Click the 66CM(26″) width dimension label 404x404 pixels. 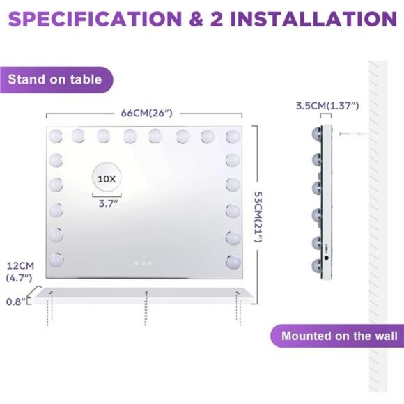pos(146,113)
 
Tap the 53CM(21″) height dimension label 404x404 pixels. pos(258,217)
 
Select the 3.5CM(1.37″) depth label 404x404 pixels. pos(327,106)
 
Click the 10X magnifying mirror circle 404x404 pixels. pos(107,178)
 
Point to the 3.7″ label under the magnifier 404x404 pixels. pos(108,203)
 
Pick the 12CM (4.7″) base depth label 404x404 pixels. pos(20,272)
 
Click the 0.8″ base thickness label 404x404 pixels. pos(16,302)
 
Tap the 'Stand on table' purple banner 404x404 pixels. pos(56,80)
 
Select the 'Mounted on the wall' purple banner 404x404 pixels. pos(337,336)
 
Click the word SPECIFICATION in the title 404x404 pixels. pos(95,19)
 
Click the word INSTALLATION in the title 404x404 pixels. pos(313,19)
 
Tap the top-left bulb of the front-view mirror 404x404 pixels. pos(56,136)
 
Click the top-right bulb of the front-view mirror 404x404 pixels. pos(233,136)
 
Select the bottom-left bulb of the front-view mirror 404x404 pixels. pos(56,260)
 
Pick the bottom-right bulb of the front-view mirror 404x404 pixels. pos(233,262)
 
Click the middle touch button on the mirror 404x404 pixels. pos(143,263)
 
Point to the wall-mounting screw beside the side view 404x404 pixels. pos(353,134)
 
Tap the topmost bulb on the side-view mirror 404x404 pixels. pos(317,134)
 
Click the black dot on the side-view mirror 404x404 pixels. pos(327,258)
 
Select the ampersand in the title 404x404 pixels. pos(196,19)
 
